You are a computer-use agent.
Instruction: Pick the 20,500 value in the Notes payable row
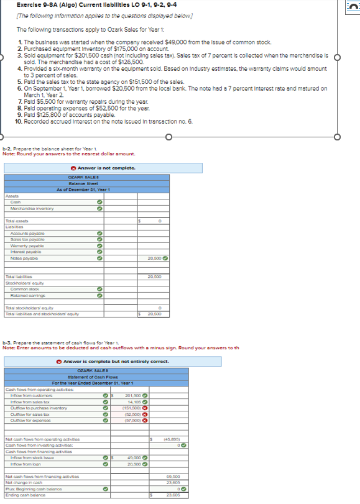[155, 258]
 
